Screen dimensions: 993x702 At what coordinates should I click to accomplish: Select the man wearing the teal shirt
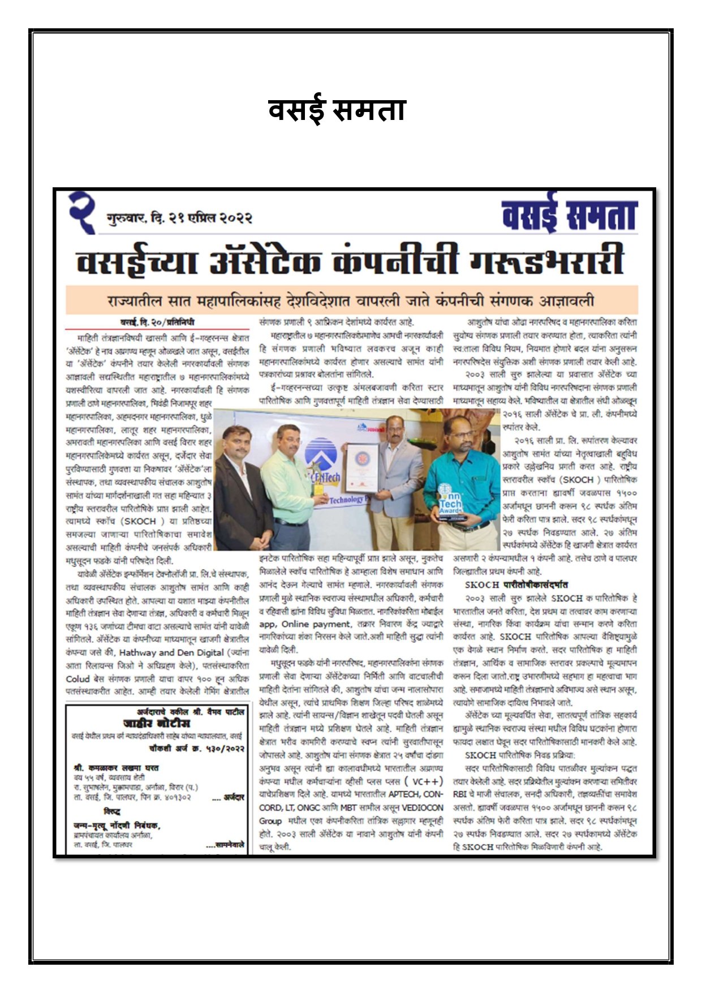tap(463, 481)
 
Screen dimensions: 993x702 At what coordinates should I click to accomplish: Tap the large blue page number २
tap(82, 212)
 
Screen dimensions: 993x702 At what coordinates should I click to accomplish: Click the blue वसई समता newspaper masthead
tap(569, 216)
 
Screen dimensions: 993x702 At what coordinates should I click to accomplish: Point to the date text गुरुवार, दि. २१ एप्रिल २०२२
tap(179, 218)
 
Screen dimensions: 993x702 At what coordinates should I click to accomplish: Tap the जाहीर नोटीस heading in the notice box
tap(157, 723)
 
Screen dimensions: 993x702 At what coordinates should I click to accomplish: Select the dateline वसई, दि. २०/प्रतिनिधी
tap(157, 323)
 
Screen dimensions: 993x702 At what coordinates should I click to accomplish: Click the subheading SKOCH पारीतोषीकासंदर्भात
tap(516, 584)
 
